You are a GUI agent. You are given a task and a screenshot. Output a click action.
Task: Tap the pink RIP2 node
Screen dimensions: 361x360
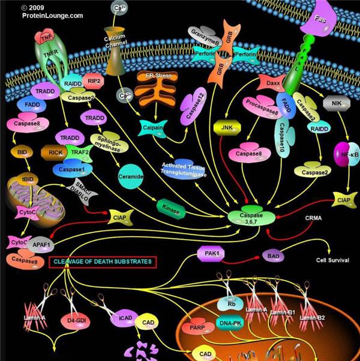tap(93, 79)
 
